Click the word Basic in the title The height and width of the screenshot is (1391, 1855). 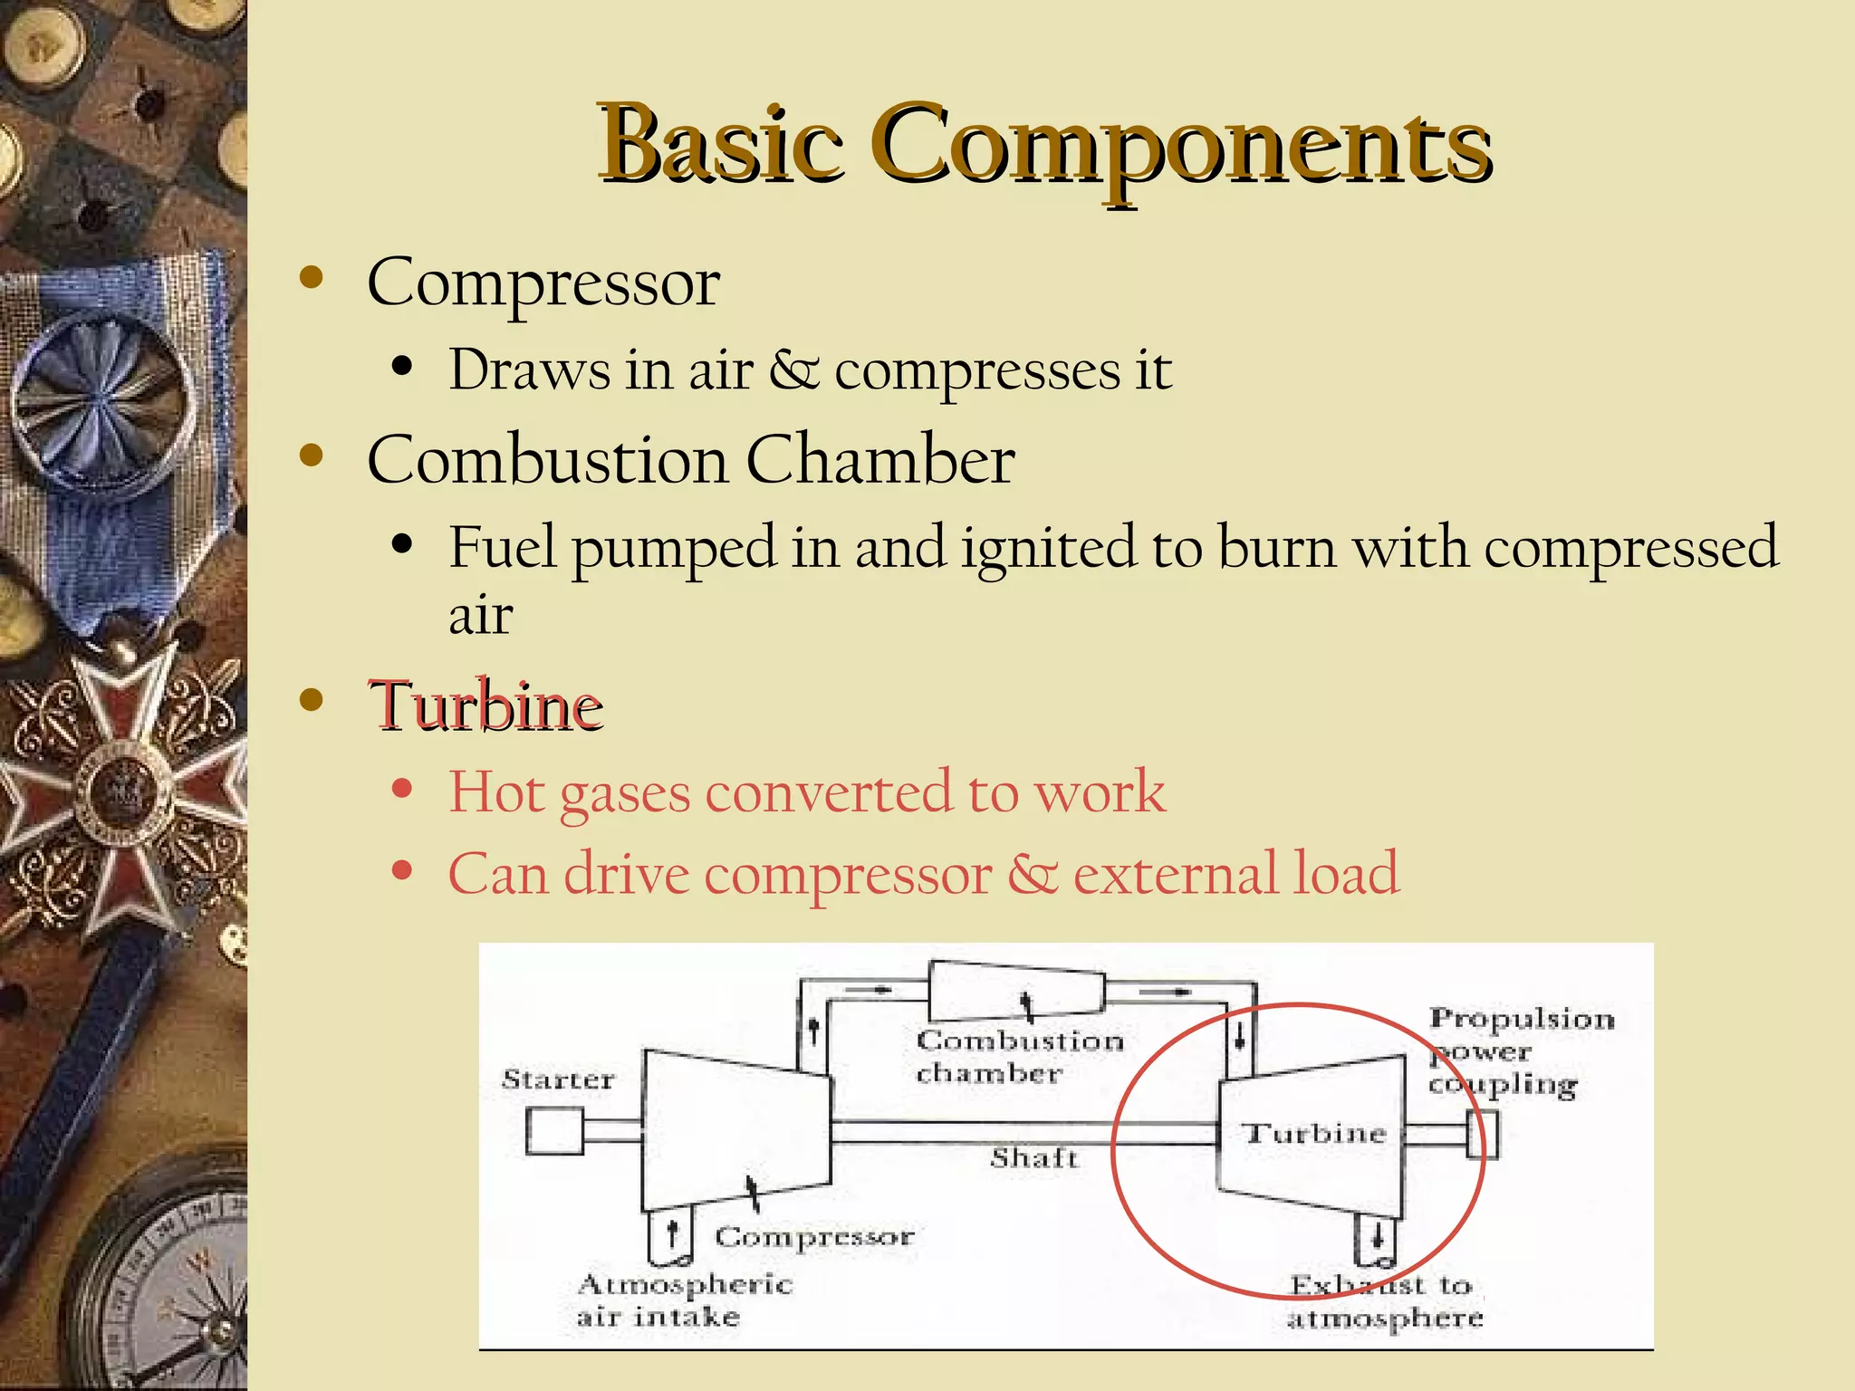pyautogui.click(x=720, y=145)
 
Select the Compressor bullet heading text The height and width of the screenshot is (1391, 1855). pyautogui.click(x=543, y=283)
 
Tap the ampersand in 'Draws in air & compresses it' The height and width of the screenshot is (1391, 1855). pyautogui.click(x=793, y=369)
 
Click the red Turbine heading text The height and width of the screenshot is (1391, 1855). pyautogui.click(x=485, y=705)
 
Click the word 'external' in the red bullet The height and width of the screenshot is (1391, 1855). pyautogui.click(x=1175, y=874)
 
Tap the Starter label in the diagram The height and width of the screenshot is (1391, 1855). pyautogui.click(x=558, y=1079)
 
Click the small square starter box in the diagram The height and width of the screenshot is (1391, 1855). pyautogui.click(x=554, y=1132)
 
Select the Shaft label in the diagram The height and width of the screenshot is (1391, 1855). pyautogui.click(x=1033, y=1158)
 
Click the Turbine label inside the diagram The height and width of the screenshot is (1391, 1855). pyautogui.click(x=1313, y=1134)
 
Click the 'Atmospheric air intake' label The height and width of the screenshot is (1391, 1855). pyautogui.click(x=684, y=1300)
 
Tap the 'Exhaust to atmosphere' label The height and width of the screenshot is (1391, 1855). pyautogui.click(x=1384, y=1301)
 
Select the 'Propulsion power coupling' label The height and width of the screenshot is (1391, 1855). pyautogui.click(x=1520, y=1051)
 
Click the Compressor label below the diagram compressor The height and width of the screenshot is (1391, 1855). pyautogui.click(x=813, y=1237)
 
